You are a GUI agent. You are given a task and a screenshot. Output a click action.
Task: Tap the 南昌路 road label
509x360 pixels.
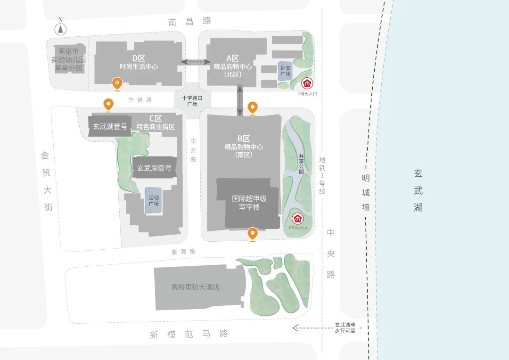(x=189, y=21)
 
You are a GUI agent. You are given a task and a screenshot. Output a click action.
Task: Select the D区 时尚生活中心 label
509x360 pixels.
(x=139, y=62)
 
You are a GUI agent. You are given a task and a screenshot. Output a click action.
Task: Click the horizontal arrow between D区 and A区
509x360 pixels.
(x=197, y=62)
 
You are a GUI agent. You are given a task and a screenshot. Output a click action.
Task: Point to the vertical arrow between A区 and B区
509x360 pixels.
(x=240, y=100)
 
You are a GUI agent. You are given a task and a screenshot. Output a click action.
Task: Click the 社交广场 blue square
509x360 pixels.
(x=285, y=71)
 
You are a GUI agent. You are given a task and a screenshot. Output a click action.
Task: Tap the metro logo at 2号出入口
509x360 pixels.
(x=307, y=84)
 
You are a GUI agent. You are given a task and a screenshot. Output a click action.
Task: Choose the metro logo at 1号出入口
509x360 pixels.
(x=297, y=219)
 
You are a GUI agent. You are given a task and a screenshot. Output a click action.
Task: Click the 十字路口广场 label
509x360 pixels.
(x=192, y=101)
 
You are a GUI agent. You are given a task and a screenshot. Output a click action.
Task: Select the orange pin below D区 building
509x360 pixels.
(x=117, y=84)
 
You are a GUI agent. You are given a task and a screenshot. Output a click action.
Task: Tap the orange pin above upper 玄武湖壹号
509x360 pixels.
(x=109, y=105)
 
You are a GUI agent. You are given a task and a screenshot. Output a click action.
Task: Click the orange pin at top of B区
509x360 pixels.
(x=253, y=108)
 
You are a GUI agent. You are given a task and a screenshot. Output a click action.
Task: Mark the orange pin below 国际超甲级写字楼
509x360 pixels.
(x=253, y=234)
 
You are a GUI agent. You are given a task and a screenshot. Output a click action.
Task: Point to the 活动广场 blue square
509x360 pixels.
(x=154, y=201)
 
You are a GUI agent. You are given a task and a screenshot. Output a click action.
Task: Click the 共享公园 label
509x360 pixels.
(x=301, y=164)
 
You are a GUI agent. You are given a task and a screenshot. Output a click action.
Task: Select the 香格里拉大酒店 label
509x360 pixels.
(x=196, y=287)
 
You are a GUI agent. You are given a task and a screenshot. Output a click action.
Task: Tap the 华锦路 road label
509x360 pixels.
(x=140, y=100)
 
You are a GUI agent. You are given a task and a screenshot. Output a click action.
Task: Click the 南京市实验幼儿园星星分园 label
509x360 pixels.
(x=69, y=60)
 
